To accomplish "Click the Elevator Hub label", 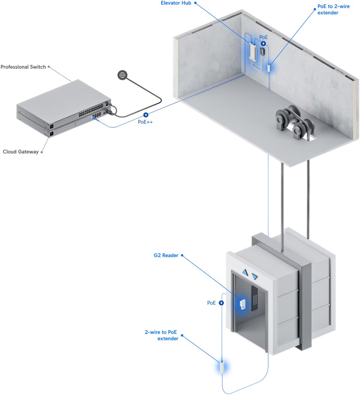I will point(175,3).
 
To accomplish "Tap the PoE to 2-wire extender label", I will point(333,10).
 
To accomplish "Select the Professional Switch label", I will point(23,67).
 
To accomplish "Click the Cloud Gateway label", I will point(21,152).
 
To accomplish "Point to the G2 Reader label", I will point(166,256).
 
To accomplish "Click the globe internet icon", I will point(122,75).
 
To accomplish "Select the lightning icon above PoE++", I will point(145,115).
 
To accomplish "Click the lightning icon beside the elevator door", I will point(221,303).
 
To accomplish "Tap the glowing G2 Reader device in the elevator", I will point(243,304).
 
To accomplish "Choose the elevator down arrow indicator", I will point(255,277).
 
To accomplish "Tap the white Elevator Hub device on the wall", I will point(253,52).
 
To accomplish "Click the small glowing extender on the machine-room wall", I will point(269,68).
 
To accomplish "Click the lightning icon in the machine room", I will point(263,43).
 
